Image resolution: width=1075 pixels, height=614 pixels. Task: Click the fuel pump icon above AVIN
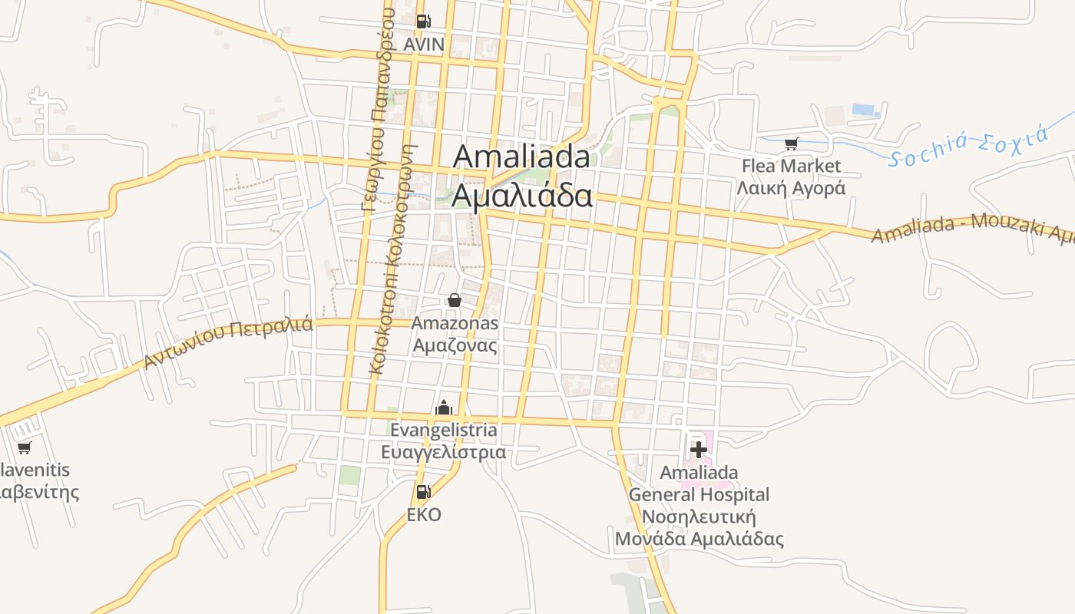click(x=423, y=21)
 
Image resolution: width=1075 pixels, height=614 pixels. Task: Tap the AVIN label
click(x=424, y=45)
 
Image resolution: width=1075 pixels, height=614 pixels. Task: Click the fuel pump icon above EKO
click(x=423, y=492)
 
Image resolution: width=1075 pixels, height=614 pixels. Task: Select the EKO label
click(x=424, y=515)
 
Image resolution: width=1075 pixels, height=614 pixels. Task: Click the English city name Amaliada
click(x=521, y=157)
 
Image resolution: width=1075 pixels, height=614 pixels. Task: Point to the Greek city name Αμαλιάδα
click(x=521, y=195)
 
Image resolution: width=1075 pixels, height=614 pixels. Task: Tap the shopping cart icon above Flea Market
click(x=792, y=144)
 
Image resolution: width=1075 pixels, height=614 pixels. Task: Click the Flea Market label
click(x=791, y=166)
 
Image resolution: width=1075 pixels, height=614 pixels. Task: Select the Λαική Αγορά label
click(x=791, y=188)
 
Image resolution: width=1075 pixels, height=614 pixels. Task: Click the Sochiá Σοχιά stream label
click(x=968, y=147)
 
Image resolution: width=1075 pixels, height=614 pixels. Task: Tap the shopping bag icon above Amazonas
click(x=455, y=299)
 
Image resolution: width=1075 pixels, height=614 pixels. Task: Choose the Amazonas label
click(x=455, y=323)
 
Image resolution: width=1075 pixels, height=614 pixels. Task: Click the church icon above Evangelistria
click(x=444, y=408)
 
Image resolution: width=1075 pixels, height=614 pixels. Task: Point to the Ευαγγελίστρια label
click(x=444, y=451)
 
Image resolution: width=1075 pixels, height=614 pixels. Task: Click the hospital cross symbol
click(x=699, y=449)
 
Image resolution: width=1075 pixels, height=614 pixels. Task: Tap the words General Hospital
click(x=699, y=494)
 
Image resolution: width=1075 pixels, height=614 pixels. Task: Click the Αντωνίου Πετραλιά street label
click(x=228, y=343)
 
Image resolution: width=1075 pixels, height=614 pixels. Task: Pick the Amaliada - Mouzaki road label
click(x=971, y=228)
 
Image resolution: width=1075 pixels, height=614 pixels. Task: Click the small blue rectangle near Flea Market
click(x=864, y=110)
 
